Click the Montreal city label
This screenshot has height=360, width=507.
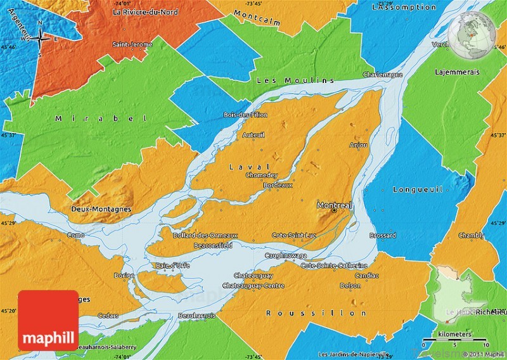point(334,205)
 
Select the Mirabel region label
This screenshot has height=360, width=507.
point(101,119)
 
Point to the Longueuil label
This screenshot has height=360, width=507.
point(416,190)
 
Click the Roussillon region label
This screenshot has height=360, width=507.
point(316,313)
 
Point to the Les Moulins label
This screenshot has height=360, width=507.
point(295,80)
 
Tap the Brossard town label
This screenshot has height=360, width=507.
point(383,235)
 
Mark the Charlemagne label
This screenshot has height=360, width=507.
point(382,74)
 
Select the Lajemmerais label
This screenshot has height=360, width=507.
point(456,72)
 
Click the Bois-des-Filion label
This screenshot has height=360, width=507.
point(245,115)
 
